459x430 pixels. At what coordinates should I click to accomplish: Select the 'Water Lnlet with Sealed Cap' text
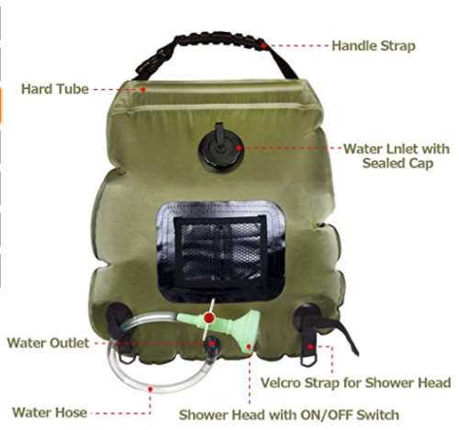click(396, 155)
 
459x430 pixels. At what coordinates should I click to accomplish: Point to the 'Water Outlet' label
click(48, 343)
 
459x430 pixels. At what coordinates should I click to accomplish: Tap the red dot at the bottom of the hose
click(151, 388)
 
